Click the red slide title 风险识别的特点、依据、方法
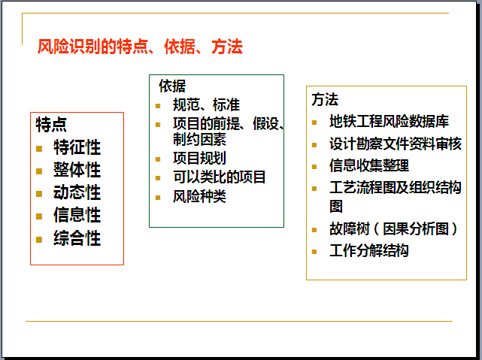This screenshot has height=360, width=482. pos(140,47)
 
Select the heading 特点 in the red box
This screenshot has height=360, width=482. pos(51,125)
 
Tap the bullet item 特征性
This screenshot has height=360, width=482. pos(77,147)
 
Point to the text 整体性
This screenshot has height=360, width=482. pos(77,170)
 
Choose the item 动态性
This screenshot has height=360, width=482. pos(77,192)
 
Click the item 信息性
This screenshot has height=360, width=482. pos(77,215)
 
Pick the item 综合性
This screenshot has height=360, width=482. pos(77,238)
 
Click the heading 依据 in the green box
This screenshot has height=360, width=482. pos(172,86)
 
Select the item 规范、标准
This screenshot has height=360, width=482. pos(206,104)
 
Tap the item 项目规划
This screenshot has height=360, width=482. pos(199,159)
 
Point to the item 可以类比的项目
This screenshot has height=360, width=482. pos(219,177)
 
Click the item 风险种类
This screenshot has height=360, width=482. pos(199,196)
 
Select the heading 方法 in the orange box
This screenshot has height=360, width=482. pos(325,99)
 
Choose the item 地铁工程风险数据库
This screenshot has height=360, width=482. pos(390,121)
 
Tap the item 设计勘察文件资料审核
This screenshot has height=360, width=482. pos(396,144)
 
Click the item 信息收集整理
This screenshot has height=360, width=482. pos(369,165)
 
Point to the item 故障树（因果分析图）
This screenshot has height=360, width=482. pos(394,228)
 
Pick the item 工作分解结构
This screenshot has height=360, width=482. pos(369,251)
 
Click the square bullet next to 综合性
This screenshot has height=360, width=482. pos(39,240)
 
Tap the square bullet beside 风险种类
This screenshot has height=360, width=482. pos(158,198)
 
